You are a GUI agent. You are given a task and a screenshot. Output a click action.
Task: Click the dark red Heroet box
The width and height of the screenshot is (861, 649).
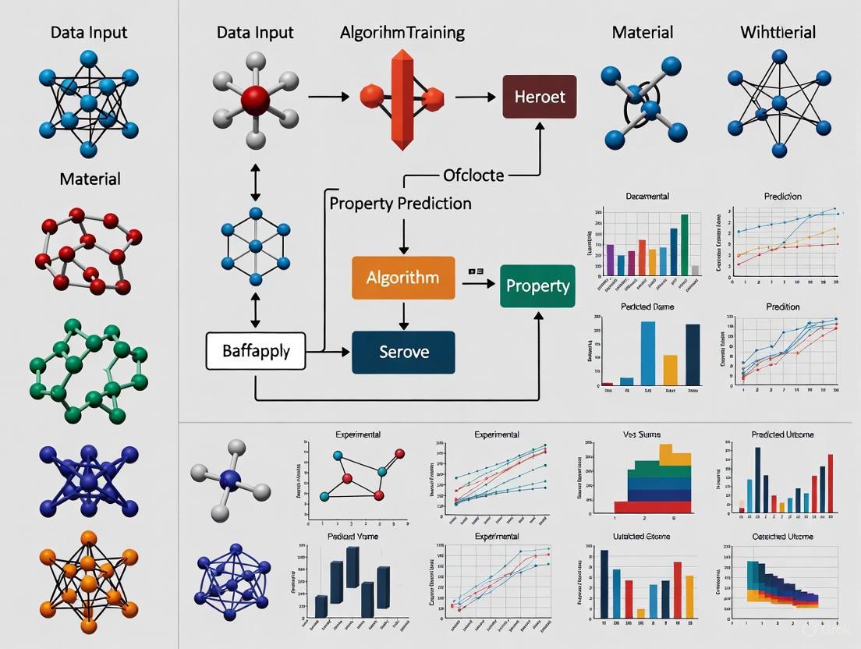click(540, 97)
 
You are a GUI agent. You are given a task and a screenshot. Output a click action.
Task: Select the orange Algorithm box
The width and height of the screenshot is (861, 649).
click(402, 278)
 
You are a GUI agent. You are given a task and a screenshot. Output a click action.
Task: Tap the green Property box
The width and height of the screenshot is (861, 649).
click(537, 285)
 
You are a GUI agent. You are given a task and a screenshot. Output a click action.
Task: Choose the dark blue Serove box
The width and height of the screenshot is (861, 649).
click(403, 352)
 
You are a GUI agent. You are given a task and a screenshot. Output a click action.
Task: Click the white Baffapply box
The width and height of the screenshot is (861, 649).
click(256, 351)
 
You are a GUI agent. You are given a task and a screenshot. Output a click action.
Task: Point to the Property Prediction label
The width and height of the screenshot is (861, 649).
click(400, 204)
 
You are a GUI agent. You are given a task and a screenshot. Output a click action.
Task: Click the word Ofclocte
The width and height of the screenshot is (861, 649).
click(473, 175)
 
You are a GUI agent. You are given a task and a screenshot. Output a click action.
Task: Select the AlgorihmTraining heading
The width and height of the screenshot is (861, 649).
click(402, 33)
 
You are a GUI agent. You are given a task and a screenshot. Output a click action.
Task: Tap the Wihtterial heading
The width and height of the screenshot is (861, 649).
click(778, 33)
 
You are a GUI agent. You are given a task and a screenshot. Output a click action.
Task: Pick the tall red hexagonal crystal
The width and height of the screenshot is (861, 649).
click(402, 98)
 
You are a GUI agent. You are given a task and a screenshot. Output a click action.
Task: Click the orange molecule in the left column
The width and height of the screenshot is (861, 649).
click(88, 582)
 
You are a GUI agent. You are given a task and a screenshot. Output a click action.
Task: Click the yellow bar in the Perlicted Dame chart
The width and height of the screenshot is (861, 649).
click(670, 370)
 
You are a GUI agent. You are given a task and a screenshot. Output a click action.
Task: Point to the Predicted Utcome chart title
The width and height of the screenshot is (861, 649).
click(782, 434)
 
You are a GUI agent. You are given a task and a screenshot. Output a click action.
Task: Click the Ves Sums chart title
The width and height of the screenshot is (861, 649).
click(642, 434)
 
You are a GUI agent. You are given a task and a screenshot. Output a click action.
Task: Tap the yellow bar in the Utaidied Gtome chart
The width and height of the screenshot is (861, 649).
click(641, 613)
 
